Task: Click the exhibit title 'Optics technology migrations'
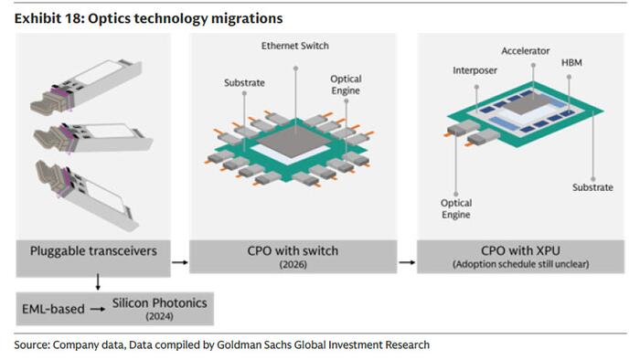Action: coord(186,19)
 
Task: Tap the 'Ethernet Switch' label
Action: coord(295,46)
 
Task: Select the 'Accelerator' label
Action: coord(526,51)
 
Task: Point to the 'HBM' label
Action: coord(571,62)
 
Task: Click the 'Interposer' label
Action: coord(475,70)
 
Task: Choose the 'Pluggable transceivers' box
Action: coord(93,258)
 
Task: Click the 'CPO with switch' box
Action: coord(293,257)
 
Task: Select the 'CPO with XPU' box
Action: coord(520,257)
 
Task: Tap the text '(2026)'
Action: coord(293,265)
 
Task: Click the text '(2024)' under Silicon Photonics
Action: coord(160,316)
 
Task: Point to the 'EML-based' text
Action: coord(53,309)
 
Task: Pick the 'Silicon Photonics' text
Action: coord(160,303)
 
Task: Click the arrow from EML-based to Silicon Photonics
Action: coord(98,310)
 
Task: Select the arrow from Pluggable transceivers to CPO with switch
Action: coord(180,262)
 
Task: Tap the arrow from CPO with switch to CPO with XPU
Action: coord(407,262)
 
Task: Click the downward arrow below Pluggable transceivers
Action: coord(98,282)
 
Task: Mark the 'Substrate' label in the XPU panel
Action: coord(592,187)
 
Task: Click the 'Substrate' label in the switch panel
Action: coord(244,83)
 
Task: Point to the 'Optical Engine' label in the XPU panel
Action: coord(456,208)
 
